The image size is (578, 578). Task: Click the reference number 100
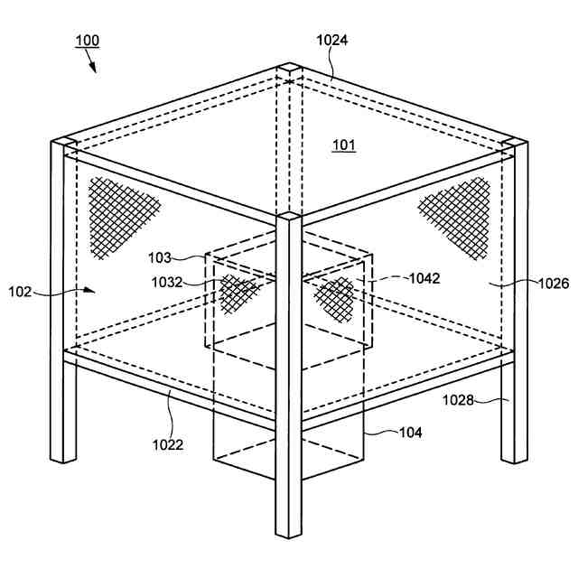pyautogui.click(x=87, y=41)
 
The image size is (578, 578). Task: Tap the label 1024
pyautogui.click(x=332, y=40)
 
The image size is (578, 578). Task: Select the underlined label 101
pyautogui.click(x=344, y=144)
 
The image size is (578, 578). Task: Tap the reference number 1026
pyautogui.click(x=551, y=283)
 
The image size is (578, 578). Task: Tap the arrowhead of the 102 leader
pyautogui.click(x=90, y=290)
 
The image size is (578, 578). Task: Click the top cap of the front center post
pyautogui.click(x=288, y=217)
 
